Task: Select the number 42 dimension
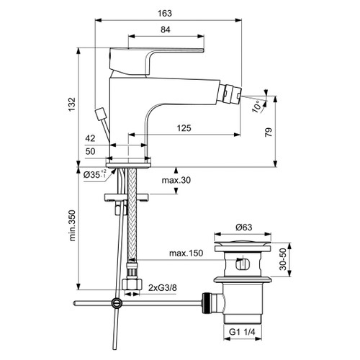pyautogui.click(x=90, y=139)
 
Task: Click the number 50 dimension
pyautogui.click(x=90, y=152)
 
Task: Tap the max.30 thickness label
pyautogui.click(x=176, y=180)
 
